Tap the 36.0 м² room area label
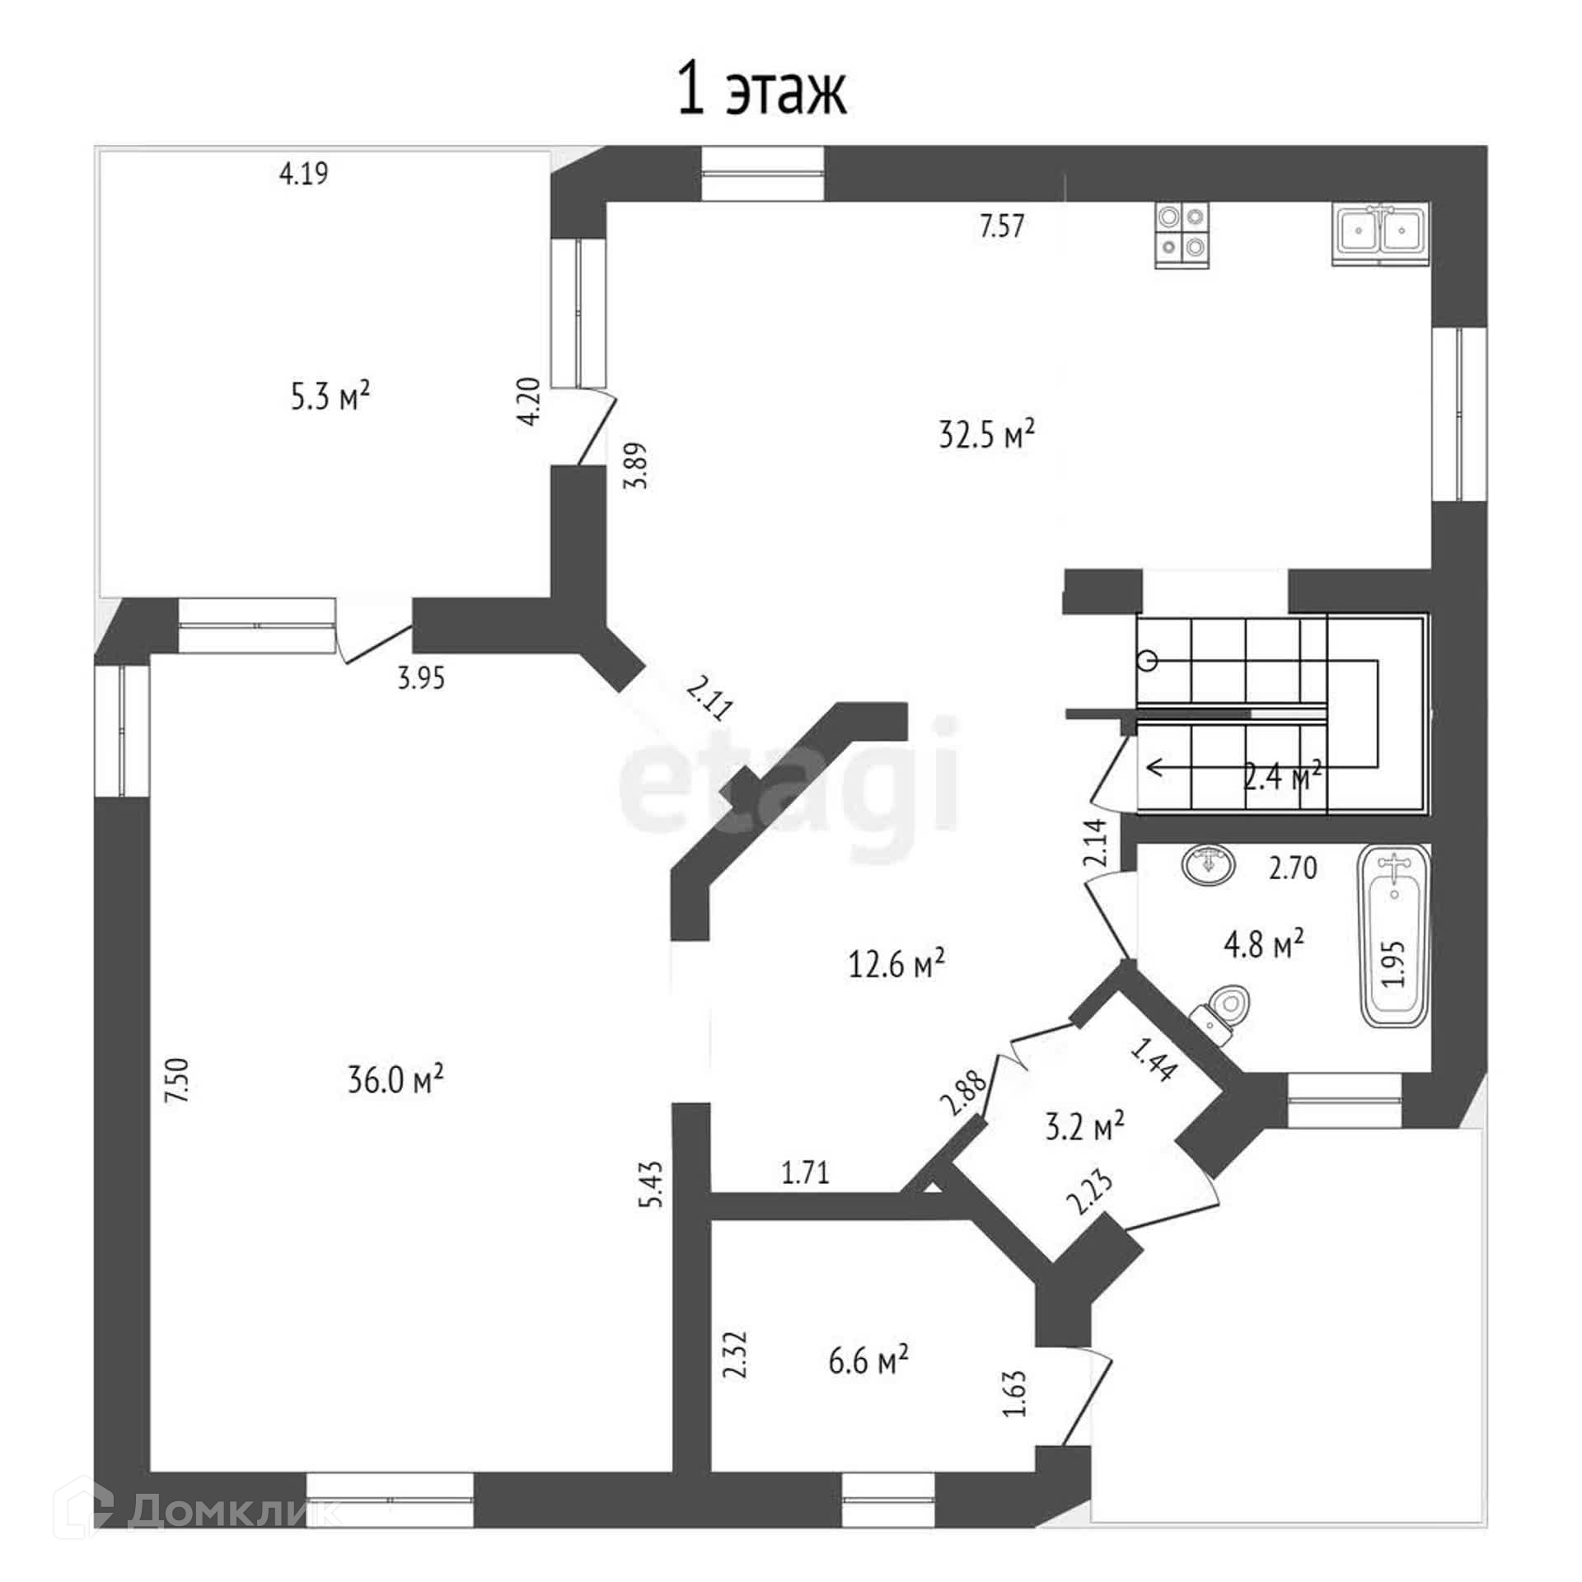coord(395,1079)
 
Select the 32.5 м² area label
coord(986,433)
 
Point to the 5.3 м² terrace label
coord(330,396)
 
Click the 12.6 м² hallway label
coord(896,962)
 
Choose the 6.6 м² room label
coord(868,1360)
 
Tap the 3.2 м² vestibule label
coord(1085,1126)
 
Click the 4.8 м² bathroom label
coord(1263,943)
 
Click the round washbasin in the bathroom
coord(1210,864)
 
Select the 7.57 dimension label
coord(1002,226)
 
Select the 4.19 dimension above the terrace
coord(304,174)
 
